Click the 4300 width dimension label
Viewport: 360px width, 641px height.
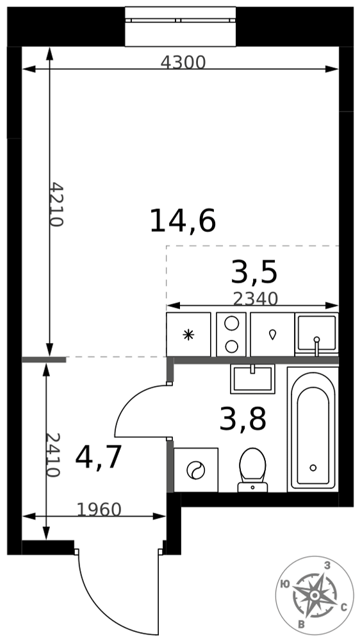183,63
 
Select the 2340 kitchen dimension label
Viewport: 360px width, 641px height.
256,299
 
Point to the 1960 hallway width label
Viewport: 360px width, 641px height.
99,510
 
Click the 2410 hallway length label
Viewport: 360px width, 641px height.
53,455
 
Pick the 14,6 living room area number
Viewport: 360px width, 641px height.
183,221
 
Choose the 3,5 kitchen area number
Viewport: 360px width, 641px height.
254,272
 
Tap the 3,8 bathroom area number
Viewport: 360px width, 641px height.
243,420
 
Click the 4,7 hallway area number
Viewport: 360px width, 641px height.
99,458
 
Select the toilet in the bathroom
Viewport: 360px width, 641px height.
252,470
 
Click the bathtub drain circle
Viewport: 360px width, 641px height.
313,467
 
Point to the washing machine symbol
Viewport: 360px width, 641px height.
196,470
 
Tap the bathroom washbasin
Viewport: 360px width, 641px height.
252,379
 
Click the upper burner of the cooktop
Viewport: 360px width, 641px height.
231,323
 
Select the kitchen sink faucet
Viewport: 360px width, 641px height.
316,345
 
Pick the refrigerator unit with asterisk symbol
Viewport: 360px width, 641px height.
188,335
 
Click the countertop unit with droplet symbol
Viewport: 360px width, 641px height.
272,335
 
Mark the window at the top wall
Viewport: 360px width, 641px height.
180,26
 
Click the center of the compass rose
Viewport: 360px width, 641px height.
315,595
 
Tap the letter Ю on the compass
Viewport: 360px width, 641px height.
285,584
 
